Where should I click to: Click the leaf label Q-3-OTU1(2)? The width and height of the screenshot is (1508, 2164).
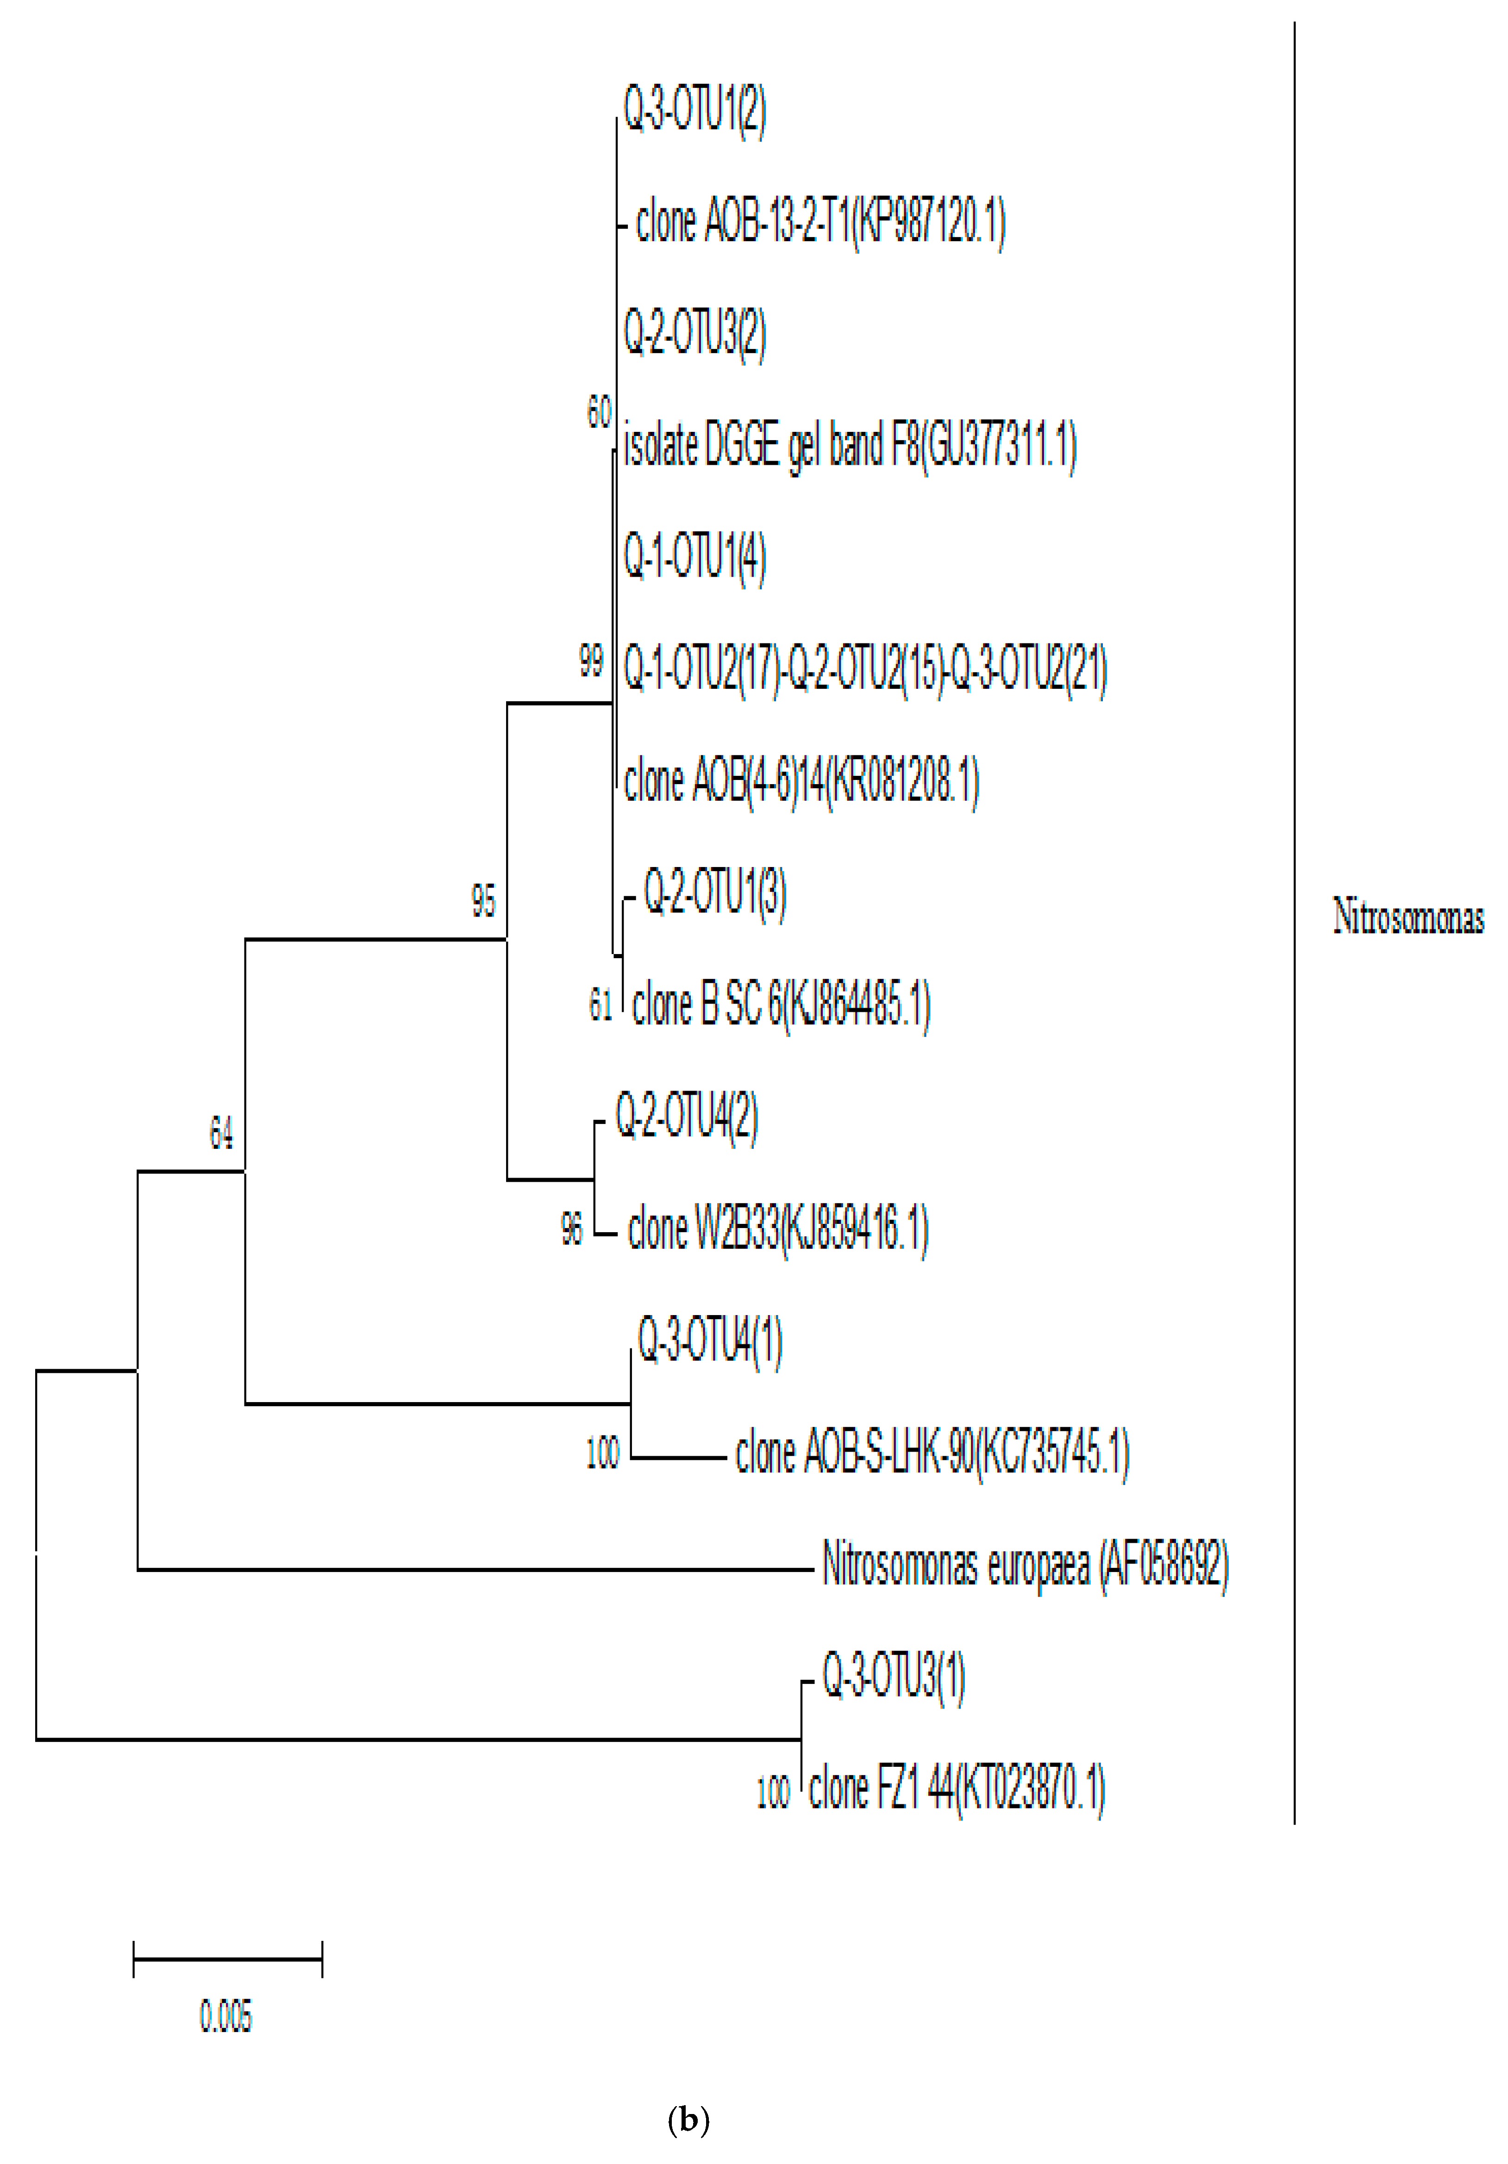(x=695, y=111)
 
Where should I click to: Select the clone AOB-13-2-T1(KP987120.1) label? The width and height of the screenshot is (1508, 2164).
(x=820, y=224)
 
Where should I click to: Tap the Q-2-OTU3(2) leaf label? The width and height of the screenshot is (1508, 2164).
(x=695, y=335)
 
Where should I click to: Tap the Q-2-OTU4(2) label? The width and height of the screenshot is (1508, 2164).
(x=686, y=1117)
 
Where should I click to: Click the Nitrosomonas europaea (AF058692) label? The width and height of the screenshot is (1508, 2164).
(x=1026, y=1565)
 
